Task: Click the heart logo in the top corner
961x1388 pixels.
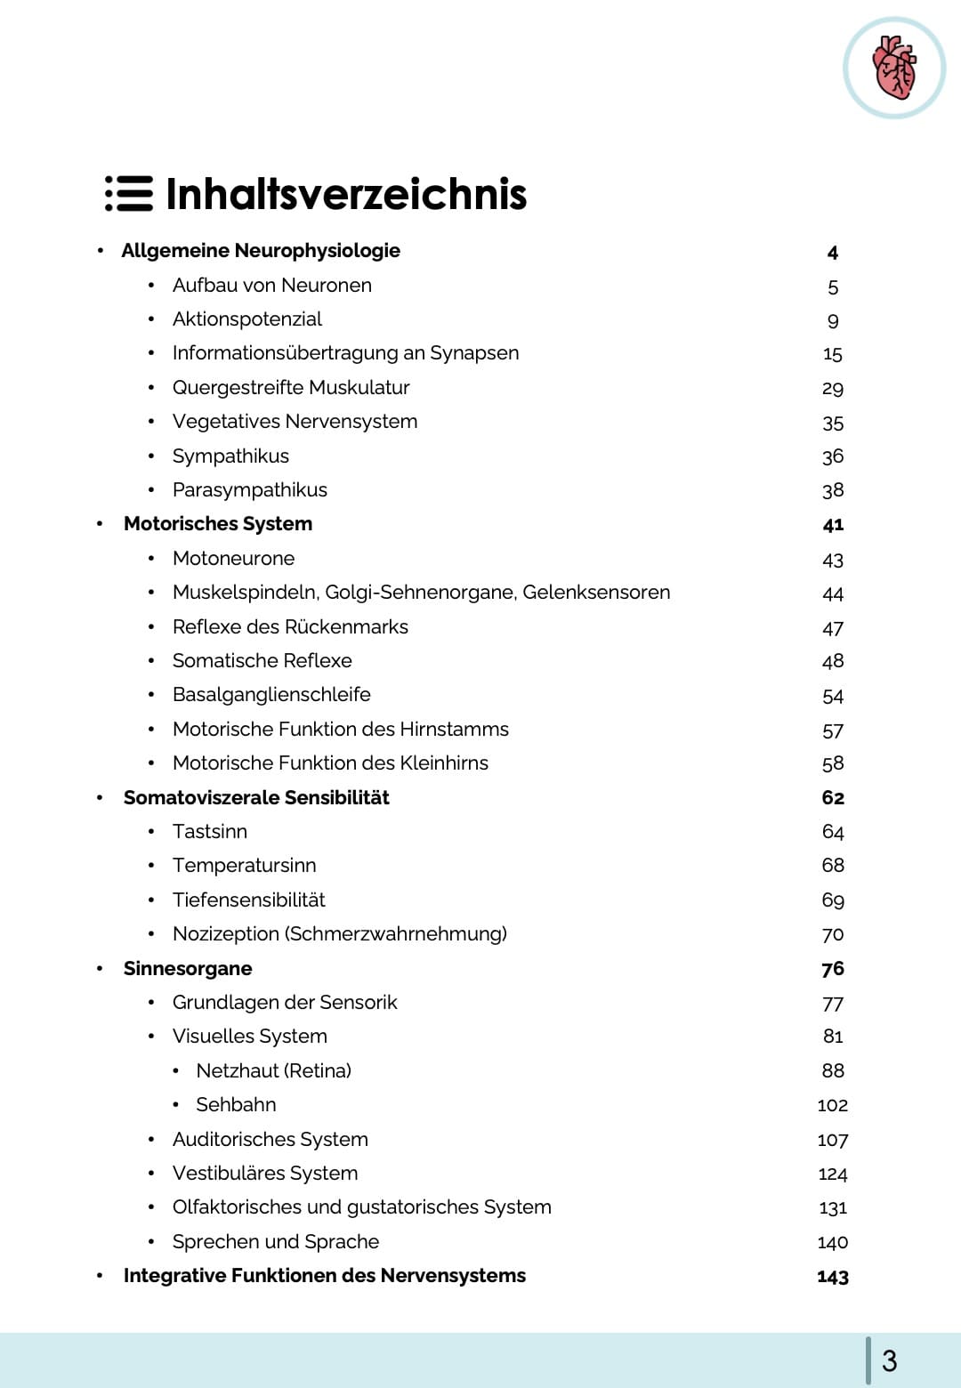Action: [893, 68]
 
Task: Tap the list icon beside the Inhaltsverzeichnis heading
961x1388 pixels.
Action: [129, 194]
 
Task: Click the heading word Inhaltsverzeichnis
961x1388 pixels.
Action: [346, 194]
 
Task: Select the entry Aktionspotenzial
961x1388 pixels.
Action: [247, 319]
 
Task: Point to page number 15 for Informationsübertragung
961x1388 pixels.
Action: [832, 354]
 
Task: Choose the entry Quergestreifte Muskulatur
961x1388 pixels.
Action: [291, 388]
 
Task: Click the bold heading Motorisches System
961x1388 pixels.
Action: [218, 524]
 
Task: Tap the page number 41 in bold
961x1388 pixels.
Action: [833, 525]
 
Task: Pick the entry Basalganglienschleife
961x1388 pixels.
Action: [271, 695]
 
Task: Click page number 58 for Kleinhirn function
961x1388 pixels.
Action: [833, 763]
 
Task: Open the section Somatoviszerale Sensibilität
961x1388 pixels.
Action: [256, 798]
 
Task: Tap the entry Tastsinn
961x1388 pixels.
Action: [210, 832]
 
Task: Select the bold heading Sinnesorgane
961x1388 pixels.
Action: [188, 969]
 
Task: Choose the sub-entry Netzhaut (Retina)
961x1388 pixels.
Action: [273, 1071]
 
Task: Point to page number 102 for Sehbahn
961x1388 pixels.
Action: [832, 1105]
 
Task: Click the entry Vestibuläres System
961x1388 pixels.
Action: [265, 1174]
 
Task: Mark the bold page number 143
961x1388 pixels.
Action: [833, 1277]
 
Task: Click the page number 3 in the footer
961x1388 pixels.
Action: [889, 1360]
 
